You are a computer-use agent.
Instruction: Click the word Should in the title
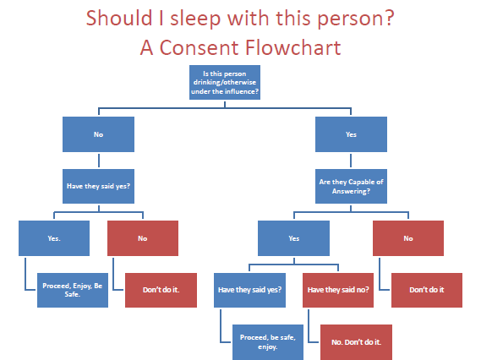point(119,18)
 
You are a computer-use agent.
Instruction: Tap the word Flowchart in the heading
point(292,48)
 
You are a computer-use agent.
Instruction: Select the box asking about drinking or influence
point(225,82)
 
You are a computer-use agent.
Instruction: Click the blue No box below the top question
point(98,134)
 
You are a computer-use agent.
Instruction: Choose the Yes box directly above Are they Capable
point(352,134)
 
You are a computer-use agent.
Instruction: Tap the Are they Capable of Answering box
point(352,186)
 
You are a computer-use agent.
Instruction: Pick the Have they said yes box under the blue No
point(98,186)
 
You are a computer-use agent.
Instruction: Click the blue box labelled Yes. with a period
point(54,238)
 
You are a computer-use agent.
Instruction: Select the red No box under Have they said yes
point(143,238)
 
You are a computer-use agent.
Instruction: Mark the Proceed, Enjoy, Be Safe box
point(73,290)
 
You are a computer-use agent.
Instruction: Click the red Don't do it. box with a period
point(161,290)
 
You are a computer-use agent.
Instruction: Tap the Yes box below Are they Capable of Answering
point(294,238)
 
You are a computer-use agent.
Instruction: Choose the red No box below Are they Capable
point(408,238)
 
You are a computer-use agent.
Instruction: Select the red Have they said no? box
point(338,290)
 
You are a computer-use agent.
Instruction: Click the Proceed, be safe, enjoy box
point(268,342)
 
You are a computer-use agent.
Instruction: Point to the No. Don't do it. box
point(356,342)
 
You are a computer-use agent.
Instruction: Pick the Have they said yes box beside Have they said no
point(249,290)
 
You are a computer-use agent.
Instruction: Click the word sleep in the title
point(195,19)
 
